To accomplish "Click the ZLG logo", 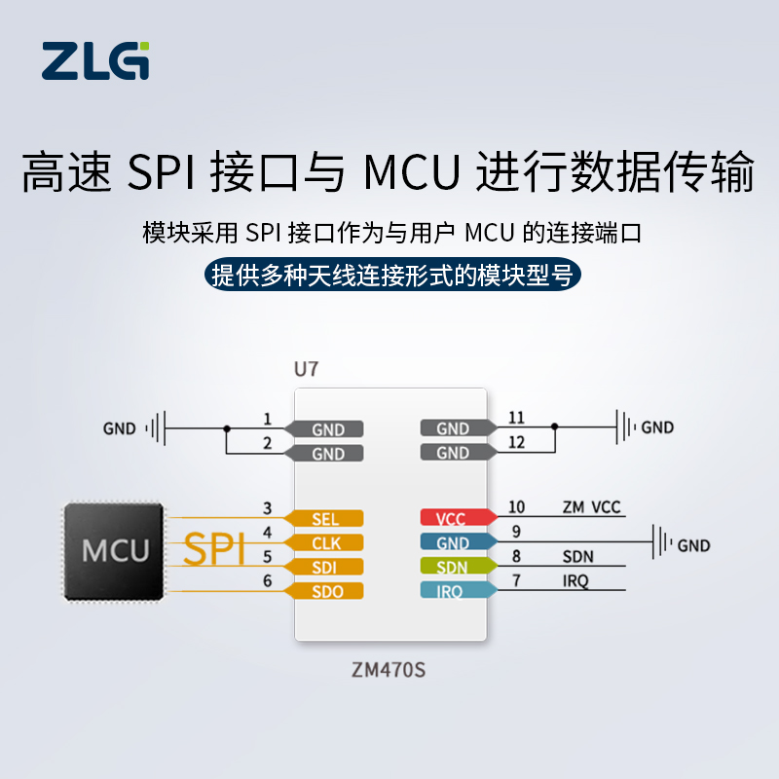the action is pyautogui.click(x=96, y=60).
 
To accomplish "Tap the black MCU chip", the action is pyautogui.click(x=114, y=551).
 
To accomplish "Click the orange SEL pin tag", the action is pyautogui.click(x=323, y=519).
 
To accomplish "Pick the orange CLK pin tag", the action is pyautogui.click(x=323, y=542).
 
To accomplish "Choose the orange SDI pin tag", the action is pyautogui.click(x=323, y=567).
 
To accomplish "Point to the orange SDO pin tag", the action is pyautogui.click(x=323, y=591).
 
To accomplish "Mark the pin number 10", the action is pyautogui.click(x=516, y=506).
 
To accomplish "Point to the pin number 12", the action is pyautogui.click(x=516, y=442).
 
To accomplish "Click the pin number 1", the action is pyautogui.click(x=267, y=419).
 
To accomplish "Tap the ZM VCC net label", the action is pyautogui.click(x=591, y=507).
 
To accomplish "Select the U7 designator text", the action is pyautogui.click(x=306, y=369).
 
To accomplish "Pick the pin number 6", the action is pyautogui.click(x=267, y=579).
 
